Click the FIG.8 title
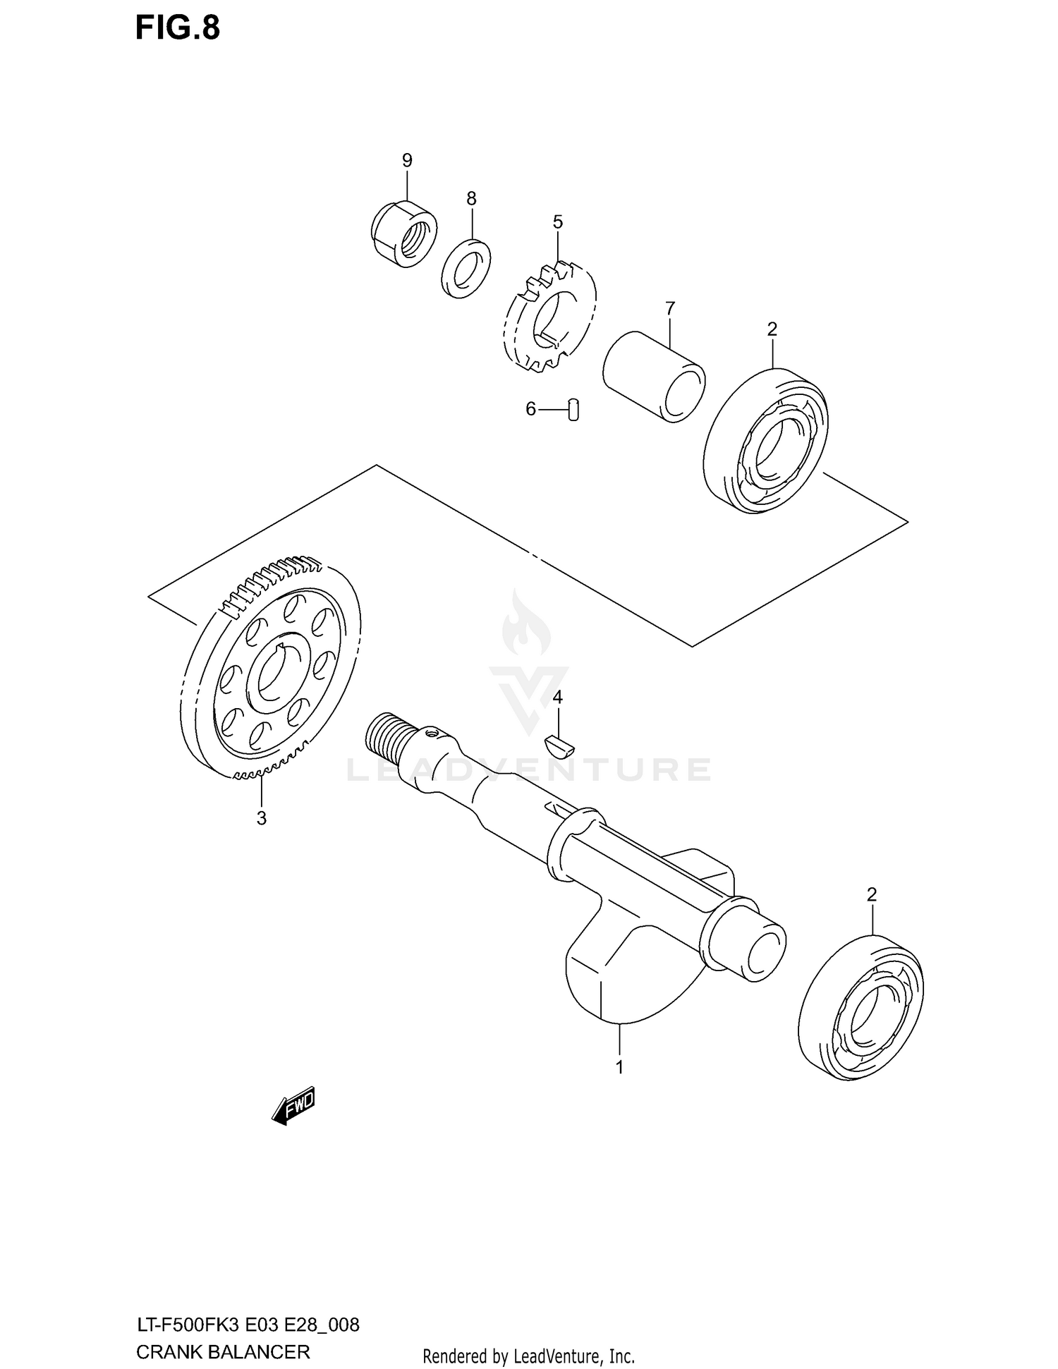[178, 28]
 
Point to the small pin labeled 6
[573, 410]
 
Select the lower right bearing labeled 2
[863, 1008]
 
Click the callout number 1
[619, 1068]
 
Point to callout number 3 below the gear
[261, 819]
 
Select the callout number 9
[407, 160]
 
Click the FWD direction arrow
[293, 1106]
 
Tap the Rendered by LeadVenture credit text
[528, 1356]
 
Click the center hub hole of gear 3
[276, 676]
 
